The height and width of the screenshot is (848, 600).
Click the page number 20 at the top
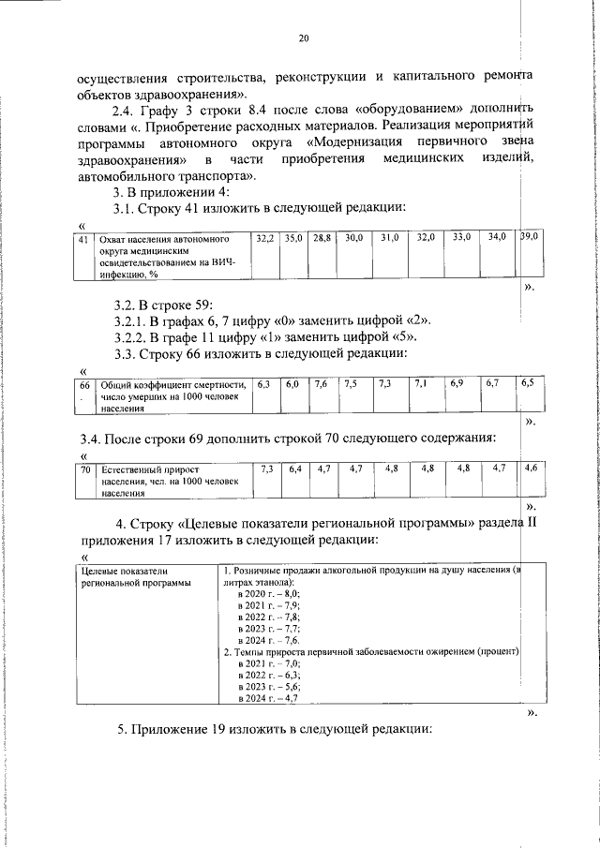[302, 38]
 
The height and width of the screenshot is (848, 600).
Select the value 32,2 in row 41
[264, 239]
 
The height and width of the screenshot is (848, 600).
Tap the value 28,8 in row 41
[322, 239]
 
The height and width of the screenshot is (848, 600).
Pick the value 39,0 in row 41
[529, 238]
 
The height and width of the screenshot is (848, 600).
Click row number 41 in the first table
[82, 239]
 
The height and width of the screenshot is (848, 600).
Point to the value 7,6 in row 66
[321, 384]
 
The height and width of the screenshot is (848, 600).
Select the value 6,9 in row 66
[457, 384]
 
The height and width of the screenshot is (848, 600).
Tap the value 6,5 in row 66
[529, 383]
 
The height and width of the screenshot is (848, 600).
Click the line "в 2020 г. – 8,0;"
[267, 594]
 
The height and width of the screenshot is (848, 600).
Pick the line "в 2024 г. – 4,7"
[268, 698]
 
